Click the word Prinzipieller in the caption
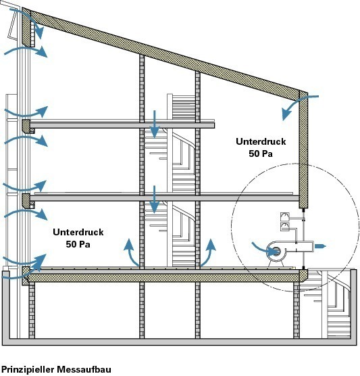(28, 369)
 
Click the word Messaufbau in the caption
(84, 369)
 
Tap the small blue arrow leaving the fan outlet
(320, 246)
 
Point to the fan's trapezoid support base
(276, 264)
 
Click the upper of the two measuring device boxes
(285, 217)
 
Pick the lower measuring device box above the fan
(285, 227)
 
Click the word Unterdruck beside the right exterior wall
(261, 141)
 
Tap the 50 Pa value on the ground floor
(78, 244)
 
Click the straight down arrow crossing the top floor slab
(155, 124)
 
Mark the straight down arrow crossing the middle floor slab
(155, 199)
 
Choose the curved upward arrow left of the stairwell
(131, 252)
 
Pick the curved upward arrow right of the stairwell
(208, 252)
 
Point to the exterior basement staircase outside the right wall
(335, 304)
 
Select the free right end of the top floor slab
(214, 125)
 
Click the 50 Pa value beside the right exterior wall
(261, 154)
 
